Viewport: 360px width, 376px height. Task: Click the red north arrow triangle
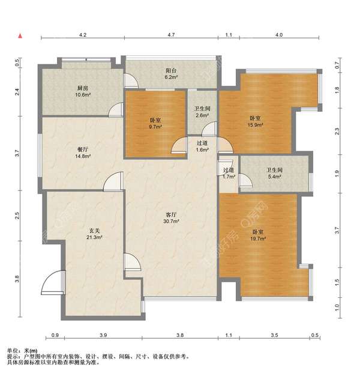point(20,36)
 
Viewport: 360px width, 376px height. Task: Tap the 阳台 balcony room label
point(171,71)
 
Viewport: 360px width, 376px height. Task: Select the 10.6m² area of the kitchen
point(83,94)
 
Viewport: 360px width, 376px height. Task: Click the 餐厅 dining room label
point(83,150)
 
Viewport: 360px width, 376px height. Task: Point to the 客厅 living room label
point(171,214)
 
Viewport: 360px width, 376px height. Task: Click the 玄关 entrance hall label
point(94,231)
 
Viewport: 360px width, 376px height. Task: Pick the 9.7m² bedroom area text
point(155,127)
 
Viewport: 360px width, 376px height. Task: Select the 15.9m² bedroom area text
point(256,125)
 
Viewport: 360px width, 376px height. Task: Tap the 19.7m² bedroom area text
point(258,238)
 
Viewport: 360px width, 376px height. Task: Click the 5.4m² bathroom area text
point(274,177)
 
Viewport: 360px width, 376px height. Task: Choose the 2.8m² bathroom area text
point(203,115)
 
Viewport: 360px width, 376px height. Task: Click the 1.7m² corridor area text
point(229,177)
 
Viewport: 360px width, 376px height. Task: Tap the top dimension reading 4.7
point(171,35)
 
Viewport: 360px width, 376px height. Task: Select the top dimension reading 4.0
point(279,35)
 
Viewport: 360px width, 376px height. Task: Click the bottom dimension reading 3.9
point(103,335)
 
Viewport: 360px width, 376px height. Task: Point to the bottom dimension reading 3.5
point(274,335)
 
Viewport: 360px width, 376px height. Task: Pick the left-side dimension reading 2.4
point(17,92)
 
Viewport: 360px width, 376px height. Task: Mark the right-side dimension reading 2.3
point(337,132)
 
